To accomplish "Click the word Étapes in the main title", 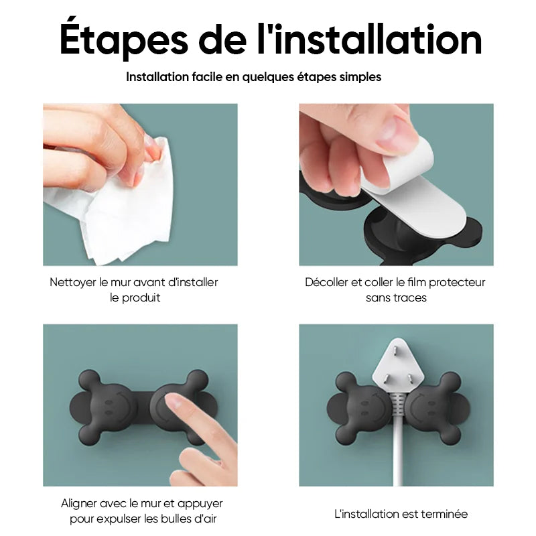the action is click(124, 38).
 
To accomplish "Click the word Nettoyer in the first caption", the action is click(73, 282).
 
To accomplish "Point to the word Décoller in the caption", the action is click(326, 282).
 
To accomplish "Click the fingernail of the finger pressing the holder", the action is click(174, 400).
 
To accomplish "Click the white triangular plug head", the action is click(398, 365).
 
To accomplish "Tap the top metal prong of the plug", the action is click(395, 350).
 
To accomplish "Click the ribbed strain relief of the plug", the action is click(398, 405).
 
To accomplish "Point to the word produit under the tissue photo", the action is click(141, 298).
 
